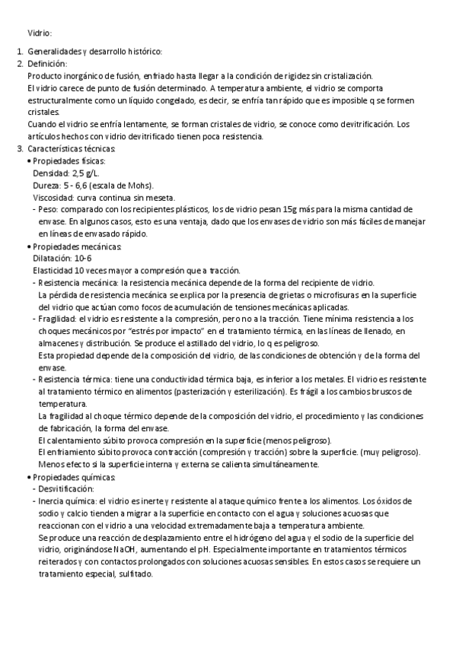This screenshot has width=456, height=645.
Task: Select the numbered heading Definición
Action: pyautogui.click(x=46, y=64)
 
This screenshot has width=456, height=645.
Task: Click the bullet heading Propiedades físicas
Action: pyautogui.click(x=69, y=160)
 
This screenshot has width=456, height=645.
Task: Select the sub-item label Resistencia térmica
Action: pyautogui.click(x=74, y=379)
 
